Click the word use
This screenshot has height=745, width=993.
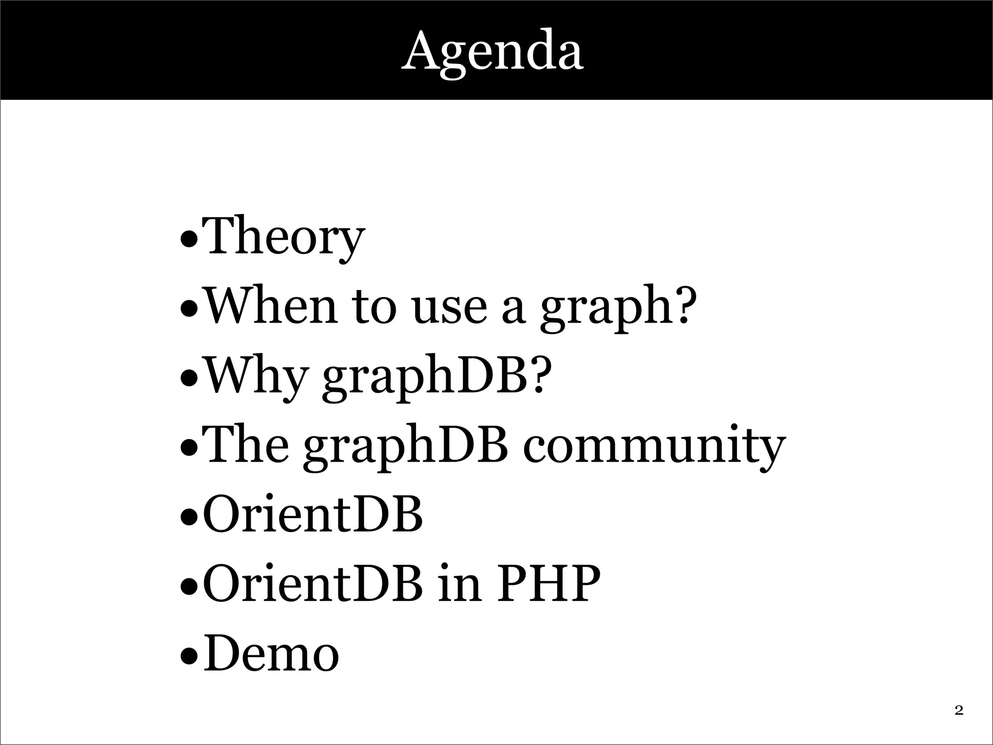coord(449,308)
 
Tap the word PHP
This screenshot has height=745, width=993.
coord(548,584)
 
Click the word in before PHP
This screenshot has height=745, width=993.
coord(459,584)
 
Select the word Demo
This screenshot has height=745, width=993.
coord(271,654)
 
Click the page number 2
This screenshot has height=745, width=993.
coord(959,711)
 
